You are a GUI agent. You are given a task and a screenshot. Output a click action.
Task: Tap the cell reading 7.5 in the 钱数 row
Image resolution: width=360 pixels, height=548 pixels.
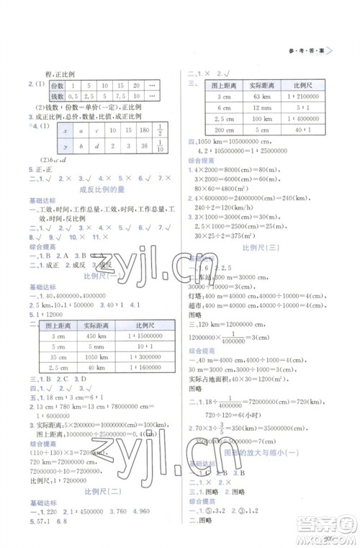[120, 95]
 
